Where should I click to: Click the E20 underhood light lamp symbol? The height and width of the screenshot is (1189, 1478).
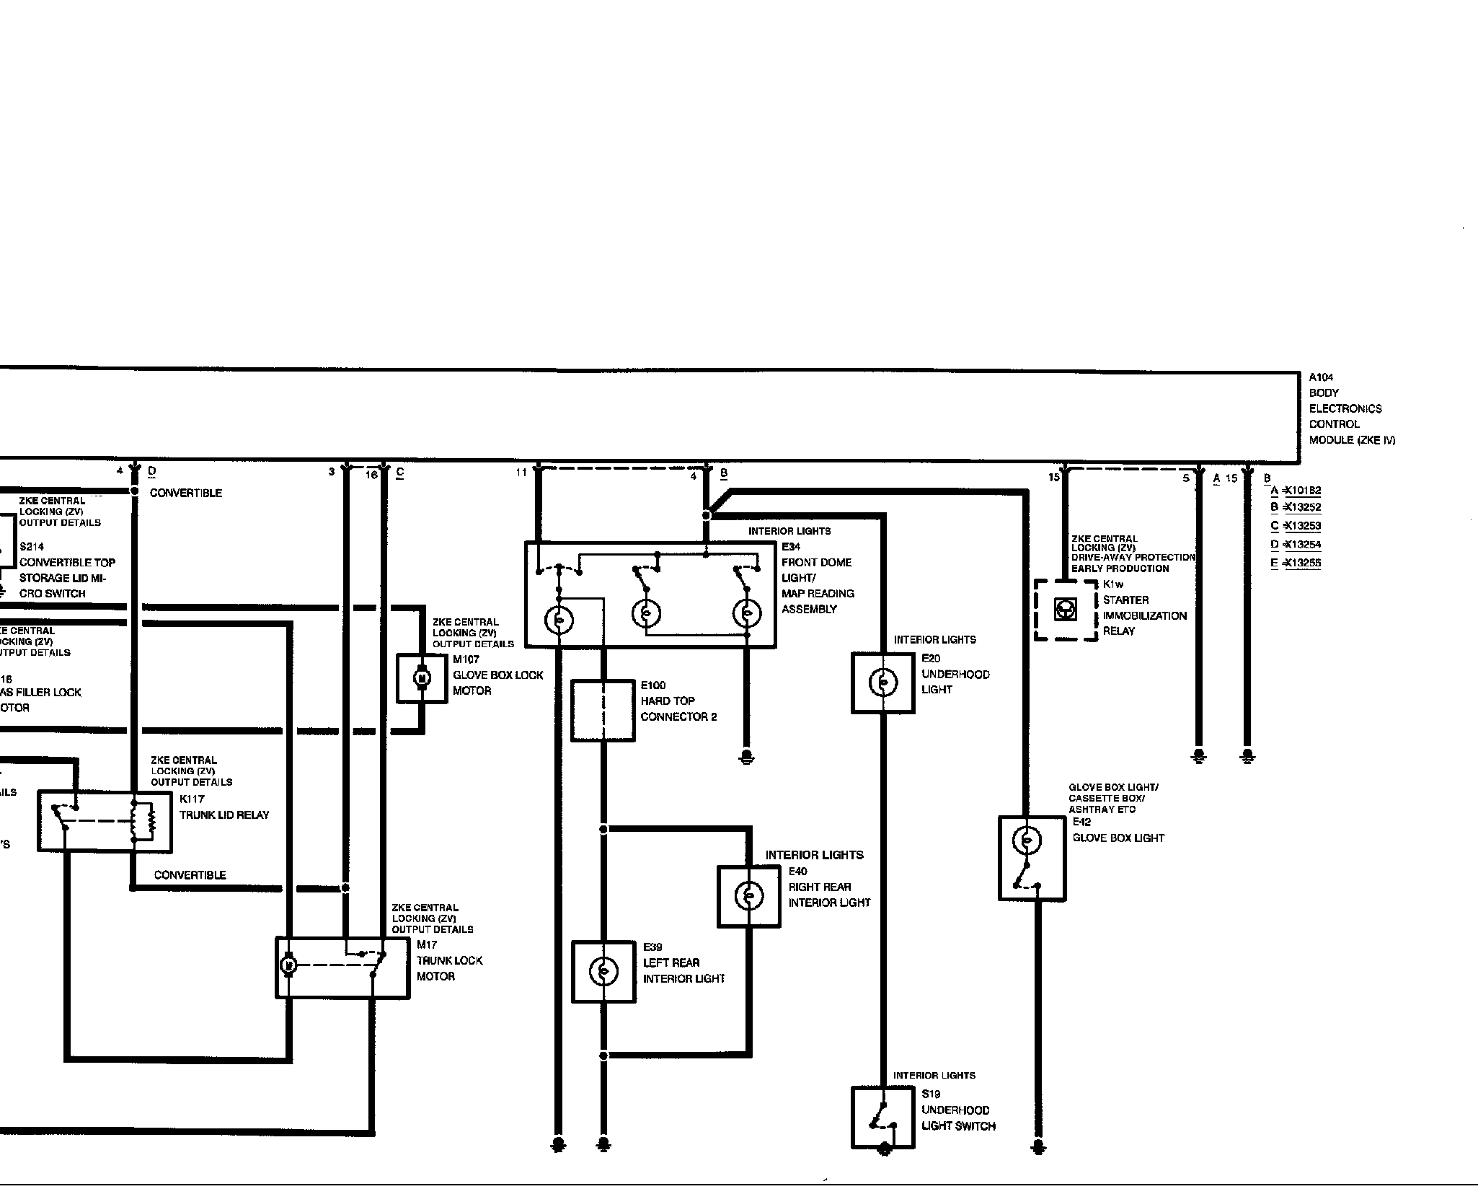coord(883,683)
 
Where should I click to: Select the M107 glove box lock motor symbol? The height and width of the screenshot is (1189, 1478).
coord(422,678)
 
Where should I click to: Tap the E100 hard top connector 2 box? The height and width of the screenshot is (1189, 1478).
coord(603,710)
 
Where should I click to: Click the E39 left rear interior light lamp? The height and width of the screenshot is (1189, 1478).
coord(603,972)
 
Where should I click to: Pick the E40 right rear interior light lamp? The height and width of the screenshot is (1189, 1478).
coord(748,896)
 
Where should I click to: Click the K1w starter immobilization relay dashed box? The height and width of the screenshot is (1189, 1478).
coord(1066,610)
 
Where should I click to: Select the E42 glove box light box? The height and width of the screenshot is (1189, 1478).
coord(1032,858)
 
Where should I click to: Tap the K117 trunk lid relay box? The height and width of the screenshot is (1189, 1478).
coord(105,821)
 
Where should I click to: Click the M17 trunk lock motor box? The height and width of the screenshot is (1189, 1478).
coord(342,967)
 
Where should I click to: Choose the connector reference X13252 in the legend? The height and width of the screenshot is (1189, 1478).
coord(1302,507)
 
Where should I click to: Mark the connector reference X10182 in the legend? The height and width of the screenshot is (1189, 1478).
coord(1302,491)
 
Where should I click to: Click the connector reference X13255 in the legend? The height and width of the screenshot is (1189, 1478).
coord(1302,563)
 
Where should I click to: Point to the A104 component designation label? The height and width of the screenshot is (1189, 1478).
coord(1321,377)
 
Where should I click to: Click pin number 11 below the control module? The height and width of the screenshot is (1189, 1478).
coord(521,473)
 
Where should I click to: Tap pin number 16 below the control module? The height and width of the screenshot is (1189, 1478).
coord(371,475)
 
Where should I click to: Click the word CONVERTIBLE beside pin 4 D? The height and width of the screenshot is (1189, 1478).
coord(186,493)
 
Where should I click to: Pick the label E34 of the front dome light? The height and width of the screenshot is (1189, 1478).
coord(791,547)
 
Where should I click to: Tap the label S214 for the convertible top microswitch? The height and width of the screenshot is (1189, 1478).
coord(32,547)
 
